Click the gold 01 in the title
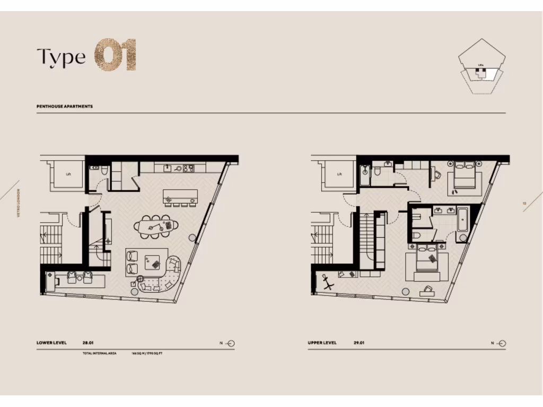click(x=116, y=55)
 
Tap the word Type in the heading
click(x=61, y=57)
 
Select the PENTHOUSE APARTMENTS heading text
click(x=65, y=107)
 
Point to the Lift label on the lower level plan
click(x=68, y=173)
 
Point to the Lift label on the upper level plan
click(x=339, y=173)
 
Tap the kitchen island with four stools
click(x=180, y=194)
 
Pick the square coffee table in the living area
click(x=154, y=261)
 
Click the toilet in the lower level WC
click(x=104, y=170)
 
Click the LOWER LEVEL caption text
click(x=51, y=343)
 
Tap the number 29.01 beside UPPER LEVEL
click(x=359, y=343)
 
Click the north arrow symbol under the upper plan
click(x=501, y=343)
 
